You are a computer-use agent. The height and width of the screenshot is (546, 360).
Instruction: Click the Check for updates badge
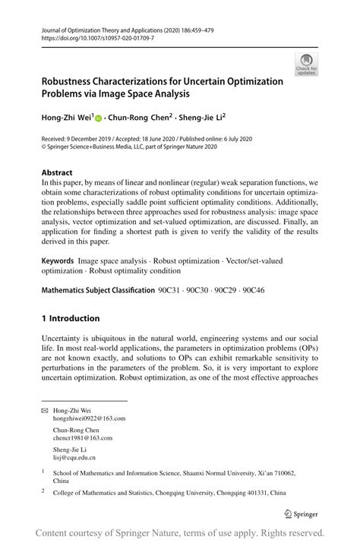308,65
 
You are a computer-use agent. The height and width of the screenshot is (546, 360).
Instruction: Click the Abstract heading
58,172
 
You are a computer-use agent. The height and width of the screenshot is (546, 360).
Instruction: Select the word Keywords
58,260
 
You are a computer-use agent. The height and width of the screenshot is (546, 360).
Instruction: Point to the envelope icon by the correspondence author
45,410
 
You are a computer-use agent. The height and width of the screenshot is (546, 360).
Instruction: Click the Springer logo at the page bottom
300,513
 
